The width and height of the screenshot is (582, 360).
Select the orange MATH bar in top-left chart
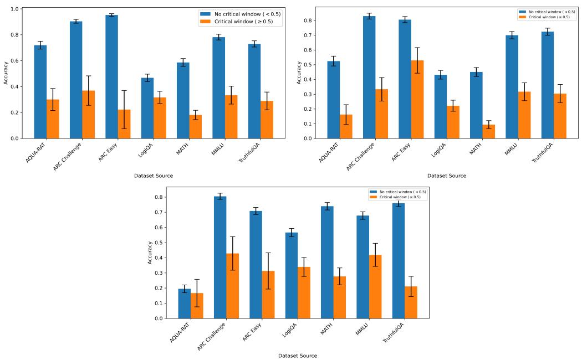(x=195, y=127)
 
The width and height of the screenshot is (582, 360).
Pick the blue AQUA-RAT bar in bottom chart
(x=184, y=304)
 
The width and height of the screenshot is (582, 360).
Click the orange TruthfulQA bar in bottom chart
(x=411, y=302)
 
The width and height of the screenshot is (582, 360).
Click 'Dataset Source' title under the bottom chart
(x=298, y=356)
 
